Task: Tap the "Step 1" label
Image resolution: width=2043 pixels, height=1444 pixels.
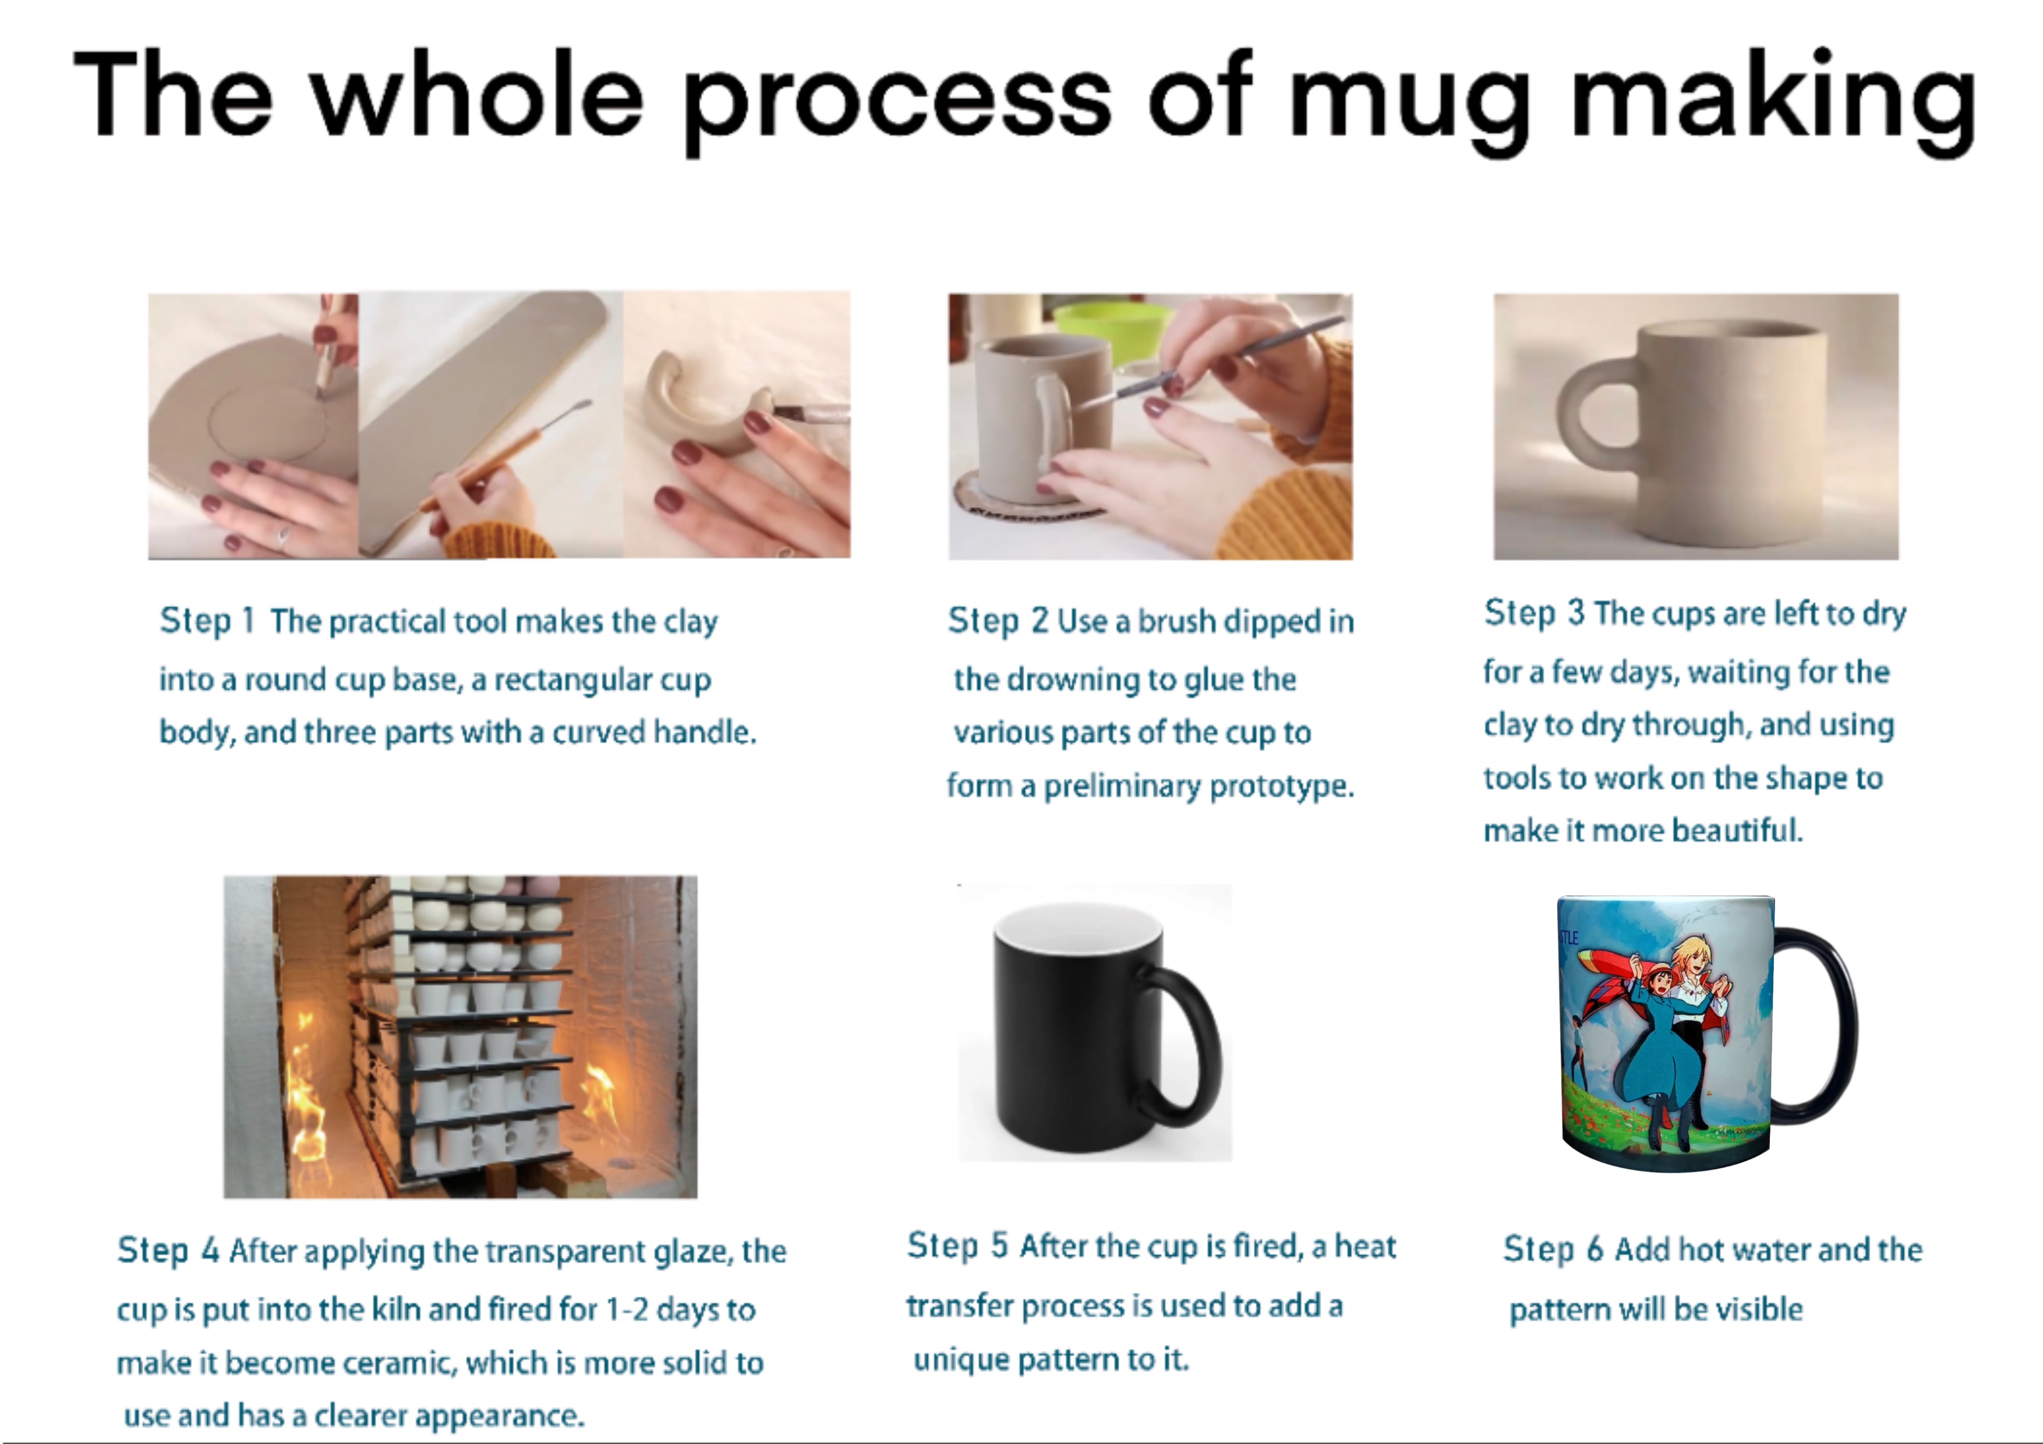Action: (x=207, y=620)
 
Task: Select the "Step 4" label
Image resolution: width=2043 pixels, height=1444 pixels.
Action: (x=168, y=1250)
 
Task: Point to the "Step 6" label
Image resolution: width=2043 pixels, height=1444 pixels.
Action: (x=1553, y=1249)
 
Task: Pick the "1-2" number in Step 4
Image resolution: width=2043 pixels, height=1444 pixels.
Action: (x=627, y=1309)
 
